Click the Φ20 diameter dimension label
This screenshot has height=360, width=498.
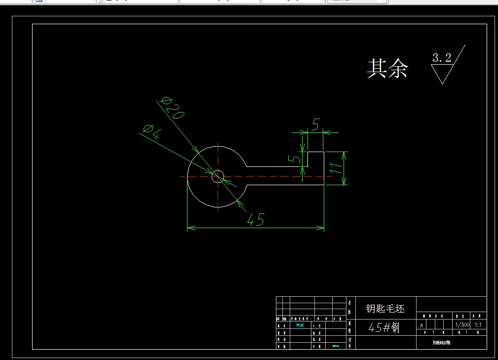click(172, 107)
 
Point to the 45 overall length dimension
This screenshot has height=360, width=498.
click(255, 220)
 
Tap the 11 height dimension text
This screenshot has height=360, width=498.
click(336, 168)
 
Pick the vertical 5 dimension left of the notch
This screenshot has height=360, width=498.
click(295, 159)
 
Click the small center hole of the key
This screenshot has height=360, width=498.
click(218, 176)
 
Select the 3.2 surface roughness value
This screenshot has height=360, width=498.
click(442, 58)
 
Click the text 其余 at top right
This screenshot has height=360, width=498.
click(387, 68)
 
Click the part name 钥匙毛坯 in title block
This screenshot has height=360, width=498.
click(385, 309)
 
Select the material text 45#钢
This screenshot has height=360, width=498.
click(384, 327)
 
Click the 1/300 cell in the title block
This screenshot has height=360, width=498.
click(462, 325)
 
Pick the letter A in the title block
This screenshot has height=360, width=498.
click(421, 325)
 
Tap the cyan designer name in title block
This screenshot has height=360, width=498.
click(300, 325)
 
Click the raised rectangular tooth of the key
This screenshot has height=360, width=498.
click(316, 159)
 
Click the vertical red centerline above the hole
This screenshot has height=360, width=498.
click(218, 158)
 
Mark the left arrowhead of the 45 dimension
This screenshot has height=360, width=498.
click(190, 228)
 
